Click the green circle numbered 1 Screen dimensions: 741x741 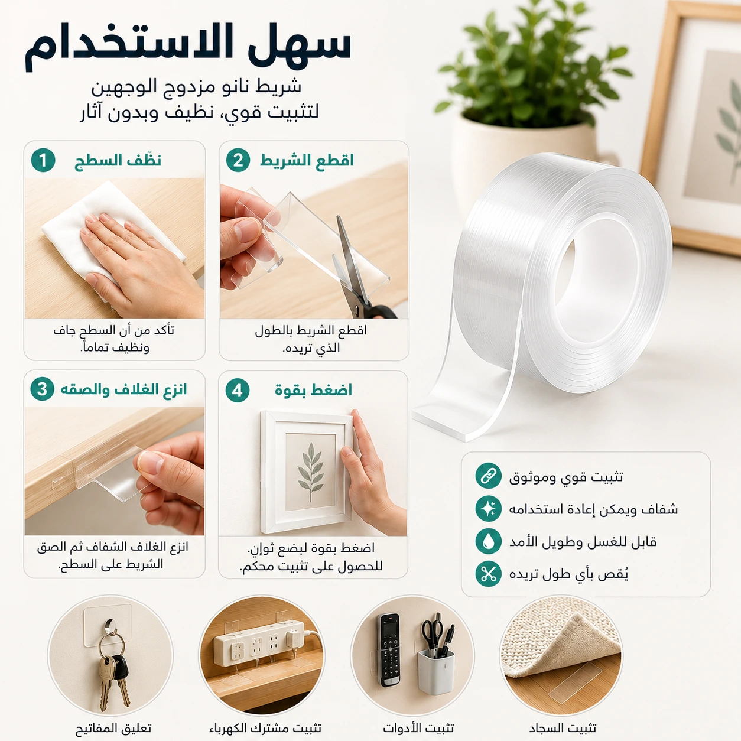click(43, 160)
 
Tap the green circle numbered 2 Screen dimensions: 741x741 click(238, 160)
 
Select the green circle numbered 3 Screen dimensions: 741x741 click(43, 389)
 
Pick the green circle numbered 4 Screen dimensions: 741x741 click(238, 391)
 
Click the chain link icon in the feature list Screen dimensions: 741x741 click(488, 476)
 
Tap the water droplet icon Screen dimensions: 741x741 click(488, 541)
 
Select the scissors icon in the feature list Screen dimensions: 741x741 click(488, 574)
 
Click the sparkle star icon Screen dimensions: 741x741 click(488, 508)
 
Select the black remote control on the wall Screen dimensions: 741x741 click(391, 650)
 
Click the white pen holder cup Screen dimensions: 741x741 click(436, 671)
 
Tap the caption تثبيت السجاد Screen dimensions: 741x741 click(563, 727)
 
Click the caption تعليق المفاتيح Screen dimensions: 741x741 click(113, 727)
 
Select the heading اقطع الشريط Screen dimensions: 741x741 click(307, 160)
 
